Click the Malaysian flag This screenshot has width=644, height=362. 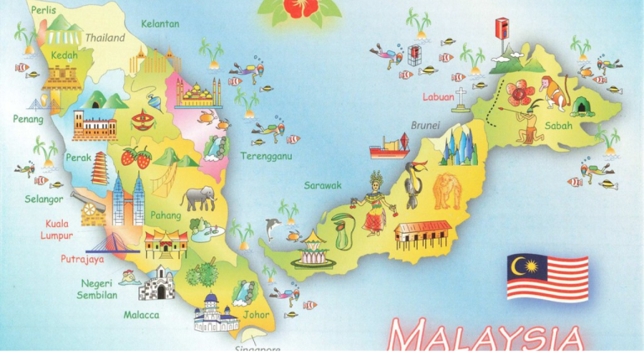click(x=548, y=278)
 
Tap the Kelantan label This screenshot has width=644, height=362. click(x=159, y=23)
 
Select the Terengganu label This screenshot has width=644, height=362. click(x=266, y=156)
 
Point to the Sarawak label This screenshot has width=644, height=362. click(x=323, y=185)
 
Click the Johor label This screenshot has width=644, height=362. click(x=257, y=315)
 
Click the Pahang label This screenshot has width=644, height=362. click(x=165, y=215)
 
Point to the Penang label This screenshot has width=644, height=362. click(x=28, y=119)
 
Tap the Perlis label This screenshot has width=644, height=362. click(x=44, y=9)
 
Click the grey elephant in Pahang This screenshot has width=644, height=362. click(x=199, y=198)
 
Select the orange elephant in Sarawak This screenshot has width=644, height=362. click(x=446, y=190)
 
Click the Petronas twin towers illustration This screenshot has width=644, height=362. click(x=127, y=201)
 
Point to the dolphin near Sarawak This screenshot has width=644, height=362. click(x=273, y=227)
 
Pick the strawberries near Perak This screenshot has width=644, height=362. click(x=137, y=157)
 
